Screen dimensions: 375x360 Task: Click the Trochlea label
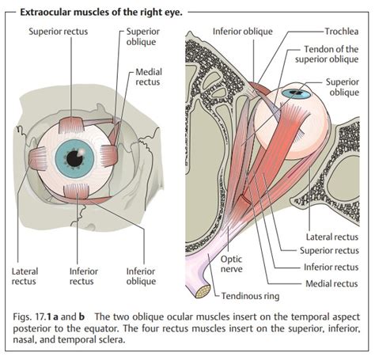tap(342, 32)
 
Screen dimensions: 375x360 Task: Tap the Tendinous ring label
tap(250, 296)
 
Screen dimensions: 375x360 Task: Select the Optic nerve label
tap(231, 264)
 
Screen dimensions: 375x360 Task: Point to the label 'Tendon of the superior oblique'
tap(327, 54)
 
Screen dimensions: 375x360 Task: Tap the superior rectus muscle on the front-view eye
tap(70, 124)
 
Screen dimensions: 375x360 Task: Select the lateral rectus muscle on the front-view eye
tap(38, 158)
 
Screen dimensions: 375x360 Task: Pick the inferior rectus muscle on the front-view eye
tap(77, 191)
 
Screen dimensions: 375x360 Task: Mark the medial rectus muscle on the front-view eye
tap(108, 157)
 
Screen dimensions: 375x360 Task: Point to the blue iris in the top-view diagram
tap(295, 93)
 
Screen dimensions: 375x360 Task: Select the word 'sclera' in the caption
tap(110, 339)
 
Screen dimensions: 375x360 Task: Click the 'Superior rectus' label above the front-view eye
tap(59, 32)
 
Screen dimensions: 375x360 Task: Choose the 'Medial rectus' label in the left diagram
tap(149, 77)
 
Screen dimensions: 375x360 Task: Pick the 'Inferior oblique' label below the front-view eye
tap(141, 276)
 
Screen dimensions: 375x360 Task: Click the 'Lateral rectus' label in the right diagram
tap(332, 237)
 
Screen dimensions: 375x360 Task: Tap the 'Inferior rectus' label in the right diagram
tap(331, 267)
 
